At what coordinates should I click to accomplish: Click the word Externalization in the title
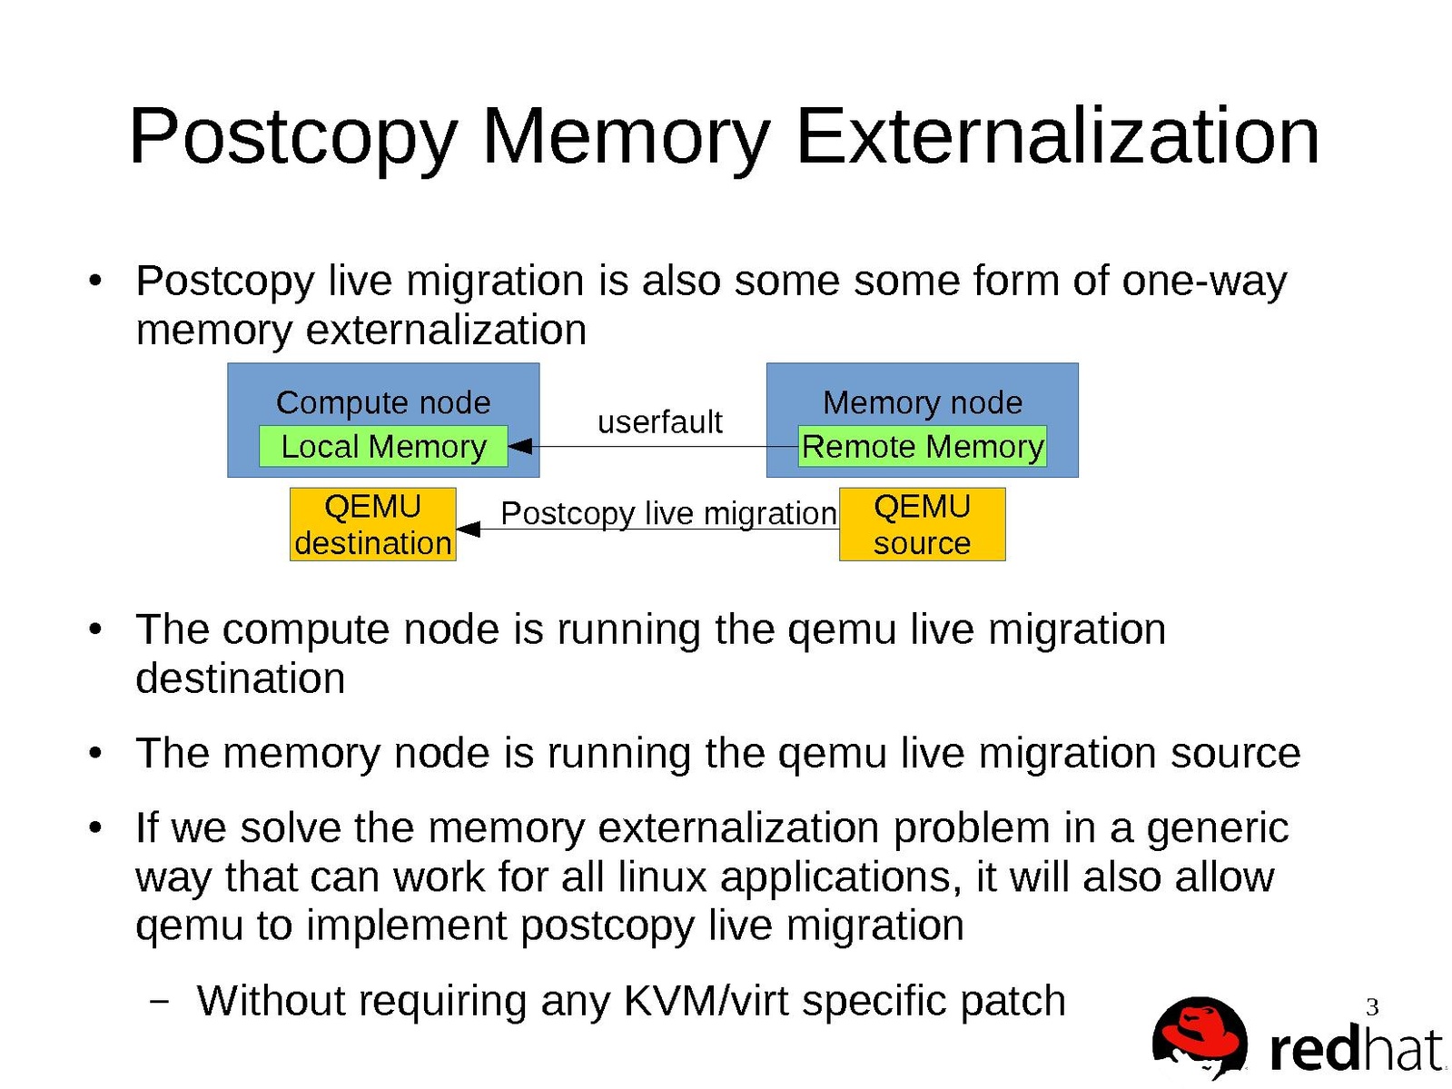[1057, 136]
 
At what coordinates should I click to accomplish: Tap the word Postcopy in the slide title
[292, 138]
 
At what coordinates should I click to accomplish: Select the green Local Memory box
[383, 447]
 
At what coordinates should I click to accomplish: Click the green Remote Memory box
[923, 447]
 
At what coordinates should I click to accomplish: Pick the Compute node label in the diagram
[383, 402]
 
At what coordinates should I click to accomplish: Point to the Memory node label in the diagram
[923, 402]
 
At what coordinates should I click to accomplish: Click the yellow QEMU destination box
[372, 524]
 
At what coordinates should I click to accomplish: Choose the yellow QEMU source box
[922, 524]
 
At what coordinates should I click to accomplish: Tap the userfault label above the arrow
[659, 421]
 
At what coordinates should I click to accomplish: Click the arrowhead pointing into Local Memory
[519, 447]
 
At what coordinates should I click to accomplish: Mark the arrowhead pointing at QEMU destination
[468, 529]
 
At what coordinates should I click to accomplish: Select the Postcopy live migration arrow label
[668, 513]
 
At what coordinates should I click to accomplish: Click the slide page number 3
[1372, 1006]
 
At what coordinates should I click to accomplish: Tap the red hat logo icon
[1200, 1036]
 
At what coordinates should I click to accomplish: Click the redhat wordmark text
[1355, 1050]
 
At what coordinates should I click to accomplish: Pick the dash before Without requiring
[160, 1001]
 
